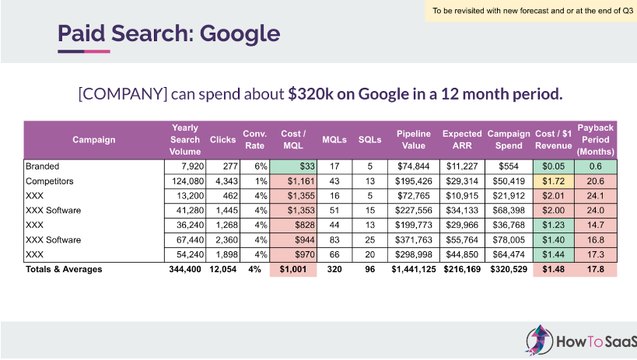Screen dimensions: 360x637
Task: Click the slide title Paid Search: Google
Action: (x=168, y=33)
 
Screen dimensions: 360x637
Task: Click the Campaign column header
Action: (x=94, y=140)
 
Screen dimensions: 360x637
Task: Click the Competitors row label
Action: (x=49, y=181)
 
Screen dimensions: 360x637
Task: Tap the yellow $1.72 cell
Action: (x=555, y=181)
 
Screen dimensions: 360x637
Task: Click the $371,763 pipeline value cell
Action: (x=412, y=240)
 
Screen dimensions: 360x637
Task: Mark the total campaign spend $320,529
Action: (x=509, y=270)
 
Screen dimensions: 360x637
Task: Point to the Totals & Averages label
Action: (x=64, y=270)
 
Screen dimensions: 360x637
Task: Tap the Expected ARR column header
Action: (x=462, y=140)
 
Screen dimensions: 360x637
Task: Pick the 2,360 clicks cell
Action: (x=223, y=240)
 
